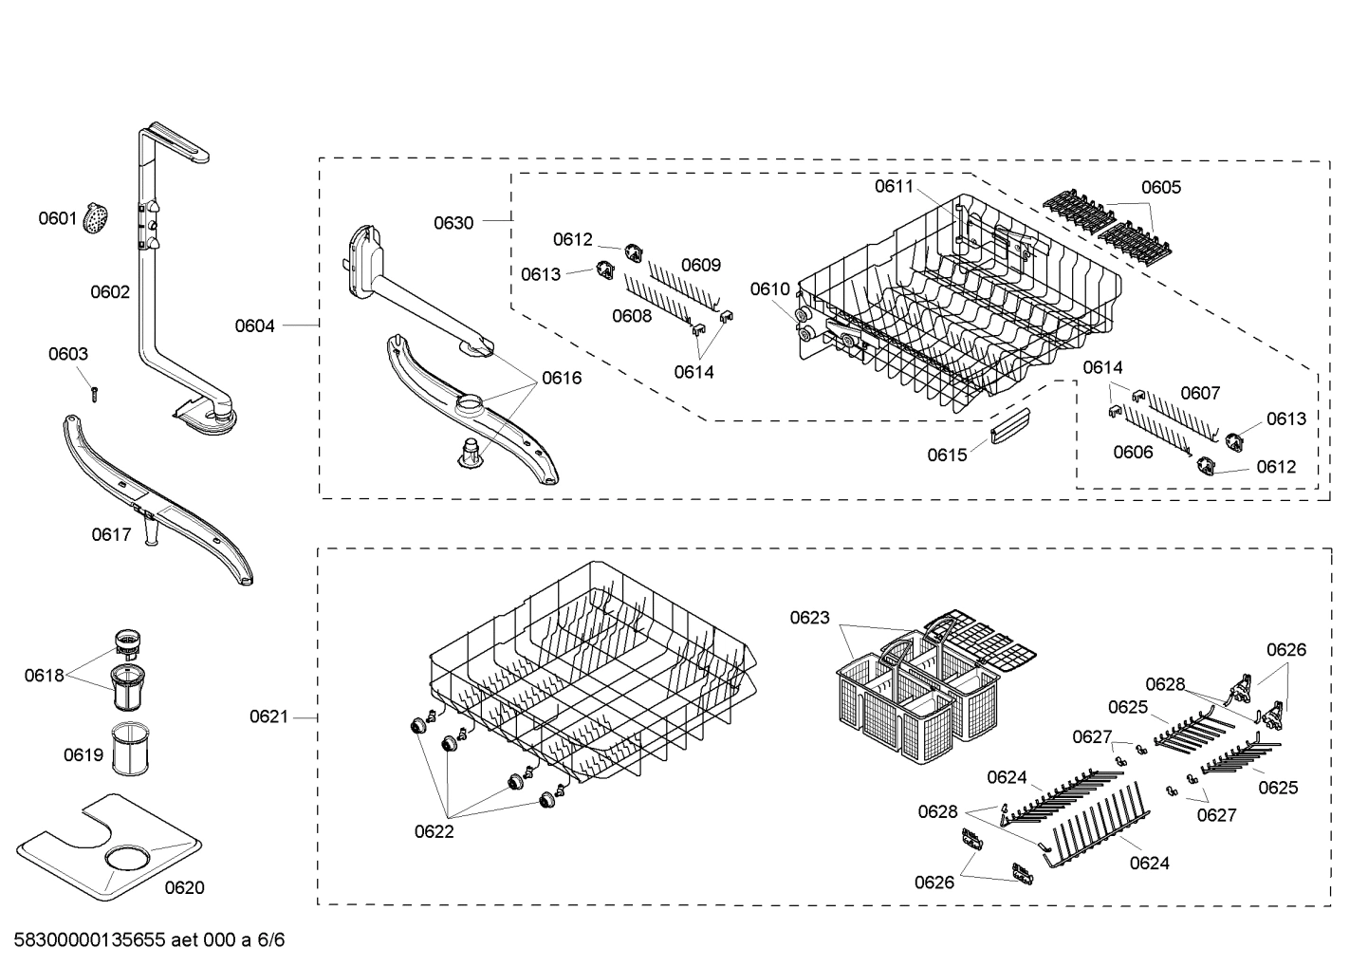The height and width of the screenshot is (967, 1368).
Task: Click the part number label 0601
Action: (57, 218)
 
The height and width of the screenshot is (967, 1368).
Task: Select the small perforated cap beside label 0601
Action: (95, 218)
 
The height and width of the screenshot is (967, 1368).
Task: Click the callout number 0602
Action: (110, 292)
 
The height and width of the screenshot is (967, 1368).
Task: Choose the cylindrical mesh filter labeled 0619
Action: (127, 750)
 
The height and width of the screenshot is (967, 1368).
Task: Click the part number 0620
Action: (184, 887)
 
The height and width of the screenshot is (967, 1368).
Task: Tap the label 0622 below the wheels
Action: (434, 831)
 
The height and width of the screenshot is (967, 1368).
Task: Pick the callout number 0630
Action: (453, 223)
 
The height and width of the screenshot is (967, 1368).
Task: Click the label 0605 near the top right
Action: (1161, 187)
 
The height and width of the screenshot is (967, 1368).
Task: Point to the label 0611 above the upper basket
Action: (894, 186)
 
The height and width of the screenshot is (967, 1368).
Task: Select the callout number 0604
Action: (255, 325)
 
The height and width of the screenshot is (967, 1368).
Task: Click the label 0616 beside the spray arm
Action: (562, 378)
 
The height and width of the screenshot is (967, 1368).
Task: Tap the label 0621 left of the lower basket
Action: (268, 716)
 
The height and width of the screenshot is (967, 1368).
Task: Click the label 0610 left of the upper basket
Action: (769, 288)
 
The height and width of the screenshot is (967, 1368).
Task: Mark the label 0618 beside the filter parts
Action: (44, 676)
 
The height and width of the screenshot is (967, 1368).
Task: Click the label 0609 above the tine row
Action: (701, 265)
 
